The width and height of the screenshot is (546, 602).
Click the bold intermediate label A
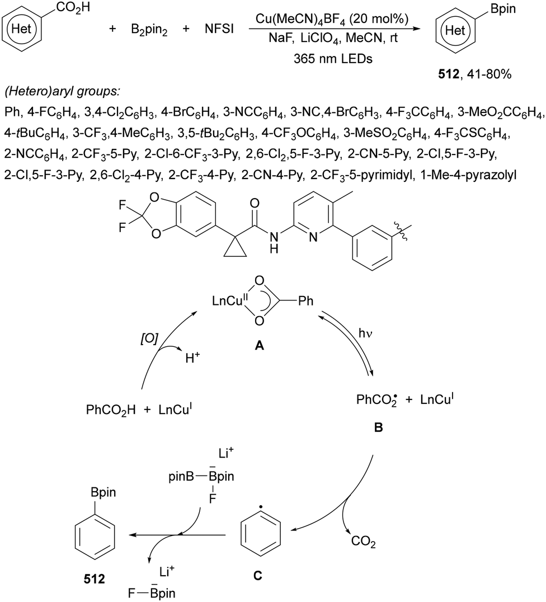pyautogui.click(x=259, y=345)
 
